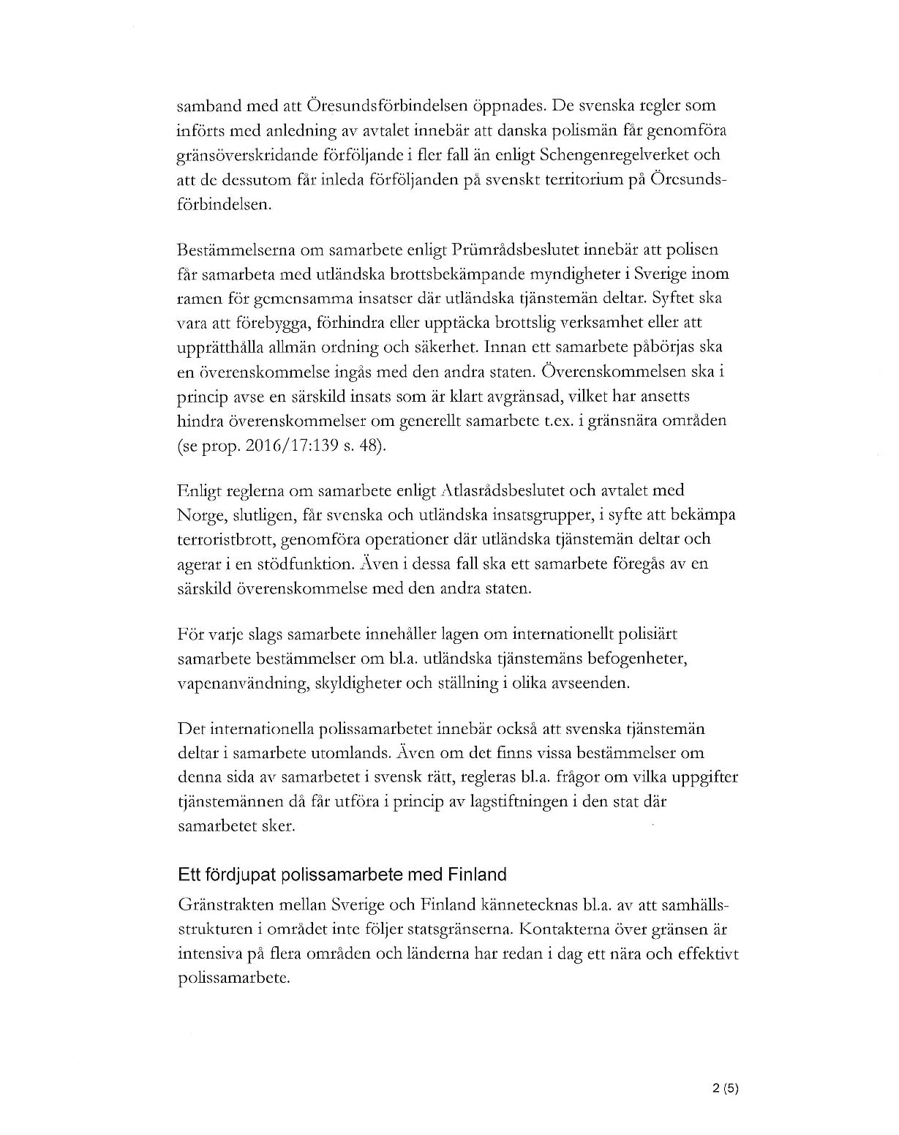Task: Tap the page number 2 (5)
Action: (x=726, y=1088)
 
